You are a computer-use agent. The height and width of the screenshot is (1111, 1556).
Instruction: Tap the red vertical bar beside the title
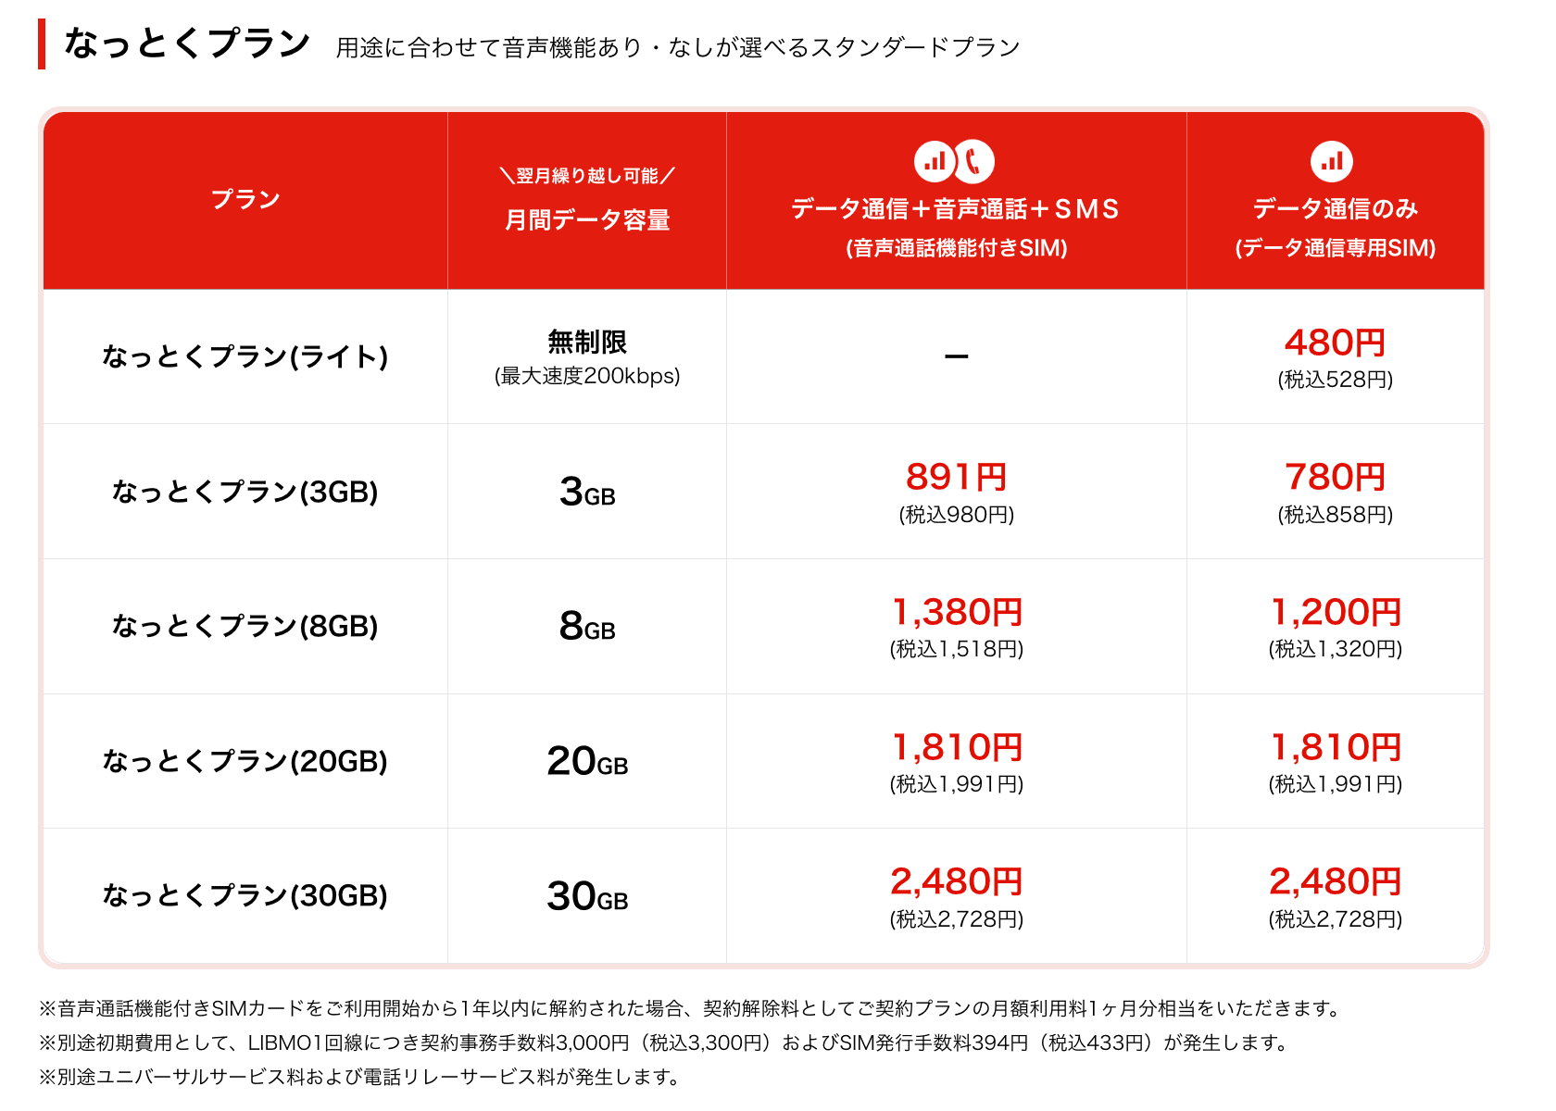click(42, 44)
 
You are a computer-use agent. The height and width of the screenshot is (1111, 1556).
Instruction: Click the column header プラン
click(245, 200)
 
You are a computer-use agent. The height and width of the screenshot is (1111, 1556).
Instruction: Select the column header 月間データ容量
click(587, 220)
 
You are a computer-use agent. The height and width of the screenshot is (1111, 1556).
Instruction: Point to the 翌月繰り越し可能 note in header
click(587, 176)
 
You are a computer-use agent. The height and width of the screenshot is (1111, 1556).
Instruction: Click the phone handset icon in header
click(973, 161)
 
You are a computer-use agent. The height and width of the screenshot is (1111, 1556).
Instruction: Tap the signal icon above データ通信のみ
click(1332, 161)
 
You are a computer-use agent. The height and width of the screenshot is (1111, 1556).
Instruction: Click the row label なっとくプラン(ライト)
click(245, 356)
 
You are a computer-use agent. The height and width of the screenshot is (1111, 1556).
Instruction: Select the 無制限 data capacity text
click(587, 343)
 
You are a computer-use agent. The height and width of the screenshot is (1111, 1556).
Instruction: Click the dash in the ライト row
click(956, 356)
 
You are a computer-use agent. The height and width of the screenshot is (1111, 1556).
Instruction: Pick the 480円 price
click(1335, 343)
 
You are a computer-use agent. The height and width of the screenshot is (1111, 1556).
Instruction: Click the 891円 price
click(956, 478)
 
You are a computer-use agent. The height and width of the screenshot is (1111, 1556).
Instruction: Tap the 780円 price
click(1335, 478)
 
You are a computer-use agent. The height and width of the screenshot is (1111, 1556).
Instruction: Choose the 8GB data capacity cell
click(587, 627)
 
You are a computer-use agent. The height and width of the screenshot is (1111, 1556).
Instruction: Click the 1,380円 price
click(956, 613)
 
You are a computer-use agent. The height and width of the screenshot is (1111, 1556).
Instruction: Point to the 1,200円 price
click(1335, 613)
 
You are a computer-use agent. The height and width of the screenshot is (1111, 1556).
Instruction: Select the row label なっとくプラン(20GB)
click(245, 761)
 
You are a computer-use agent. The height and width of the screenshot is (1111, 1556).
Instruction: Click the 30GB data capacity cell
click(587, 896)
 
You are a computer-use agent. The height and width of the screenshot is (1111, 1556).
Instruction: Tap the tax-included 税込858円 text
click(1335, 515)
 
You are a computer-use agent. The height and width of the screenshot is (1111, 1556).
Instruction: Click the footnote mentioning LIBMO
click(664, 1043)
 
